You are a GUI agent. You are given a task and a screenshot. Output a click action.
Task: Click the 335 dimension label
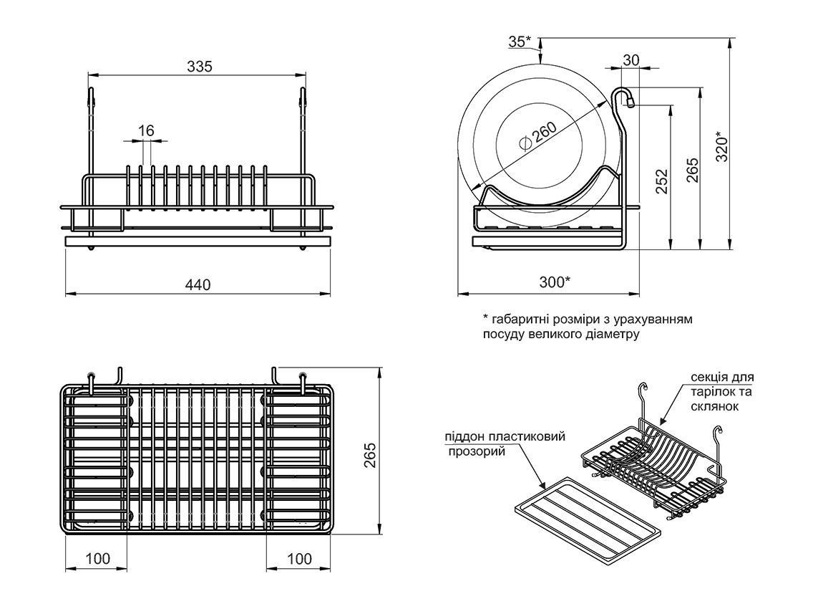[x=200, y=67]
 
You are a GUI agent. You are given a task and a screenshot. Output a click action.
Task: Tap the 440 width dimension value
[x=198, y=284]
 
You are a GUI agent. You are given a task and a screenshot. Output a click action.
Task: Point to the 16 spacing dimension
[x=146, y=130]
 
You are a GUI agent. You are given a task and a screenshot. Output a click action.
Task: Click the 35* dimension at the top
[x=520, y=42]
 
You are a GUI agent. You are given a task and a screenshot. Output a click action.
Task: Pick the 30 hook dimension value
[x=631, y=60]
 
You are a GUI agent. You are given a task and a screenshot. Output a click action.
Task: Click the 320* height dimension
[x=721, y=145]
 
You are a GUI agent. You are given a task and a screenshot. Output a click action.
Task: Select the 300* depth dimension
[x=555, y=282]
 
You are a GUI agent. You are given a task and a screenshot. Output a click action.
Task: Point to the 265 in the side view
[x=692, y=171]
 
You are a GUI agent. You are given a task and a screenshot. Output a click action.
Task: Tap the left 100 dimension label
[x=97, y=559]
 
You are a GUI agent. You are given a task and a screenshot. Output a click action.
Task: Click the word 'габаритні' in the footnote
[x=520, y=318]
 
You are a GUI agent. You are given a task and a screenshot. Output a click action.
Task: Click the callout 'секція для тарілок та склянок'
[x=721, y=391]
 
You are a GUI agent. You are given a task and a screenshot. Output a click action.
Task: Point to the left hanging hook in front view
[x=91, y=100]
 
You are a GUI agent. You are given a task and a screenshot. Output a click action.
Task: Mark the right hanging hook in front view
[x=303, y=100]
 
